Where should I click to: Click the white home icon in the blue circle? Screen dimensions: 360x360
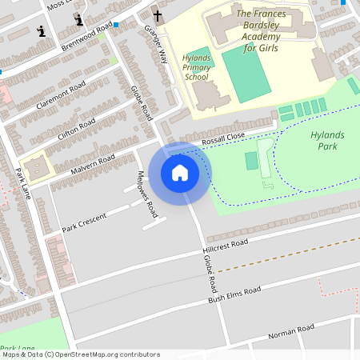click(180, 172)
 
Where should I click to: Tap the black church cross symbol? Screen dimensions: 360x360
click(158, 15)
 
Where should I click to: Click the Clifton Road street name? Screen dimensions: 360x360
click(77, 130)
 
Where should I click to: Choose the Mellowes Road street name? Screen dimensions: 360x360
click(146, 193)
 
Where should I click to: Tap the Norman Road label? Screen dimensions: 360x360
click(291, 330)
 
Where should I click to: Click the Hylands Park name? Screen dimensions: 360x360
click(326, 141)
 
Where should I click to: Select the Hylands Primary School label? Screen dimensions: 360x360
click(197, 68)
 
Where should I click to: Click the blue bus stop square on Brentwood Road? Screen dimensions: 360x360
click(116, 25)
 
